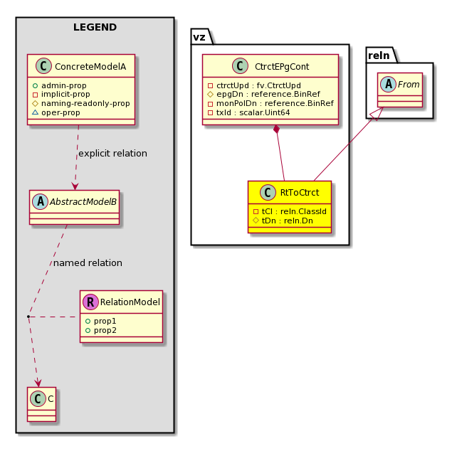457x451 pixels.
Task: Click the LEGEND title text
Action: coord(95,27)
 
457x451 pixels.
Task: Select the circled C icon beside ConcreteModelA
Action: coord(43,65)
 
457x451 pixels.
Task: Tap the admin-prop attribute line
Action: coord(60,85)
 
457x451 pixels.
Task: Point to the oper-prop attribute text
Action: coord(61,112)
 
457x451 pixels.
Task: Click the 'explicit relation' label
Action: coord(112,153)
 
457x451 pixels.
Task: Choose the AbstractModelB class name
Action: coord(83,201)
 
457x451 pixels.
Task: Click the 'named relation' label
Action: coord(88,262)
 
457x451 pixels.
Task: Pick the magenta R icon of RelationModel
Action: coord(90,302)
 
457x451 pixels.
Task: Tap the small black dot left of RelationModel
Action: coord(28,317)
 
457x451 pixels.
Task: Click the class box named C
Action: coord(42,404)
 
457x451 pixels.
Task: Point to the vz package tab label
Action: coord(199,37)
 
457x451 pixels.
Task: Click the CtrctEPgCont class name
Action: coord(282,66)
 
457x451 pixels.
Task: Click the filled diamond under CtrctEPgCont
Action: coord(277,129)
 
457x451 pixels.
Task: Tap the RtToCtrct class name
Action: coord(300,192)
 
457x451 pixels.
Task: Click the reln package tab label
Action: coord(379,55)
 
